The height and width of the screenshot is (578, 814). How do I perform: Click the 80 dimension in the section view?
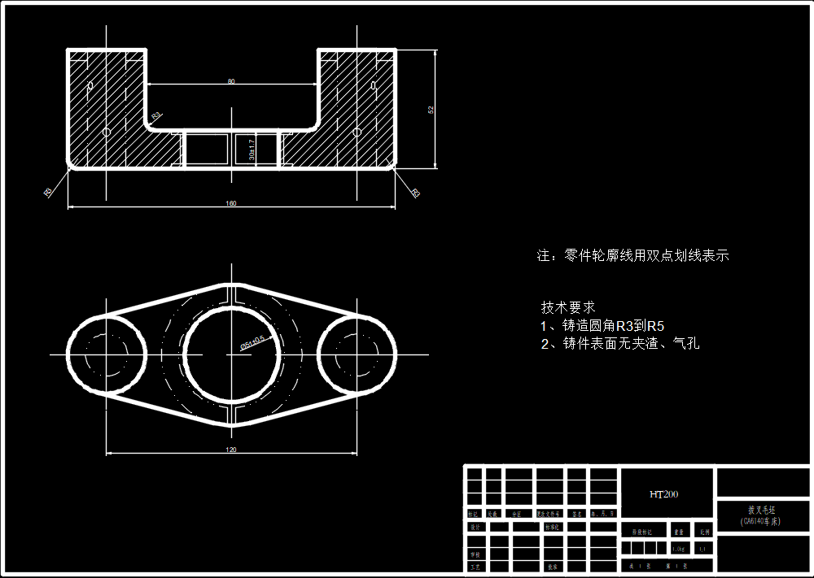pos(231,81)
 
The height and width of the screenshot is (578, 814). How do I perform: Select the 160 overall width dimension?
pos(231,203)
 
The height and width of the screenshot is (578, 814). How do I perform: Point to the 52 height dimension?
pos(431,109)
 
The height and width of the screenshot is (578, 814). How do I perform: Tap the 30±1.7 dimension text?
pos(252,147)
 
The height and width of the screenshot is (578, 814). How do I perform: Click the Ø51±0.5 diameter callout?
pos(253,342)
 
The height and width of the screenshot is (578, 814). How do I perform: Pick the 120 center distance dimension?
pos(231,450)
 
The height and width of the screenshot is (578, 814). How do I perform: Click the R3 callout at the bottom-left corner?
pos(48,193)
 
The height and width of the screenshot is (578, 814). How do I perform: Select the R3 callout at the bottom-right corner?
pos(415,193)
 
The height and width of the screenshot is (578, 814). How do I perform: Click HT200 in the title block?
pos(663,494)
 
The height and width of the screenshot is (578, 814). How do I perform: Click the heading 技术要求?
pos(568,307)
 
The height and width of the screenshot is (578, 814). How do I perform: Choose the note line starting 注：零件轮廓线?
pos(632,255)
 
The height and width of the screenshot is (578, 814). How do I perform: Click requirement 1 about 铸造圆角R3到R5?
pos(602,326)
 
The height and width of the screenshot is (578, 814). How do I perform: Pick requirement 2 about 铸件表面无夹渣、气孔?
pos(619,344)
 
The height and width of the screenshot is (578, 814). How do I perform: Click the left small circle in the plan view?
pos(106,354)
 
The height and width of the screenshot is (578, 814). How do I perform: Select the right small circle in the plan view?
pos(357,354)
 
